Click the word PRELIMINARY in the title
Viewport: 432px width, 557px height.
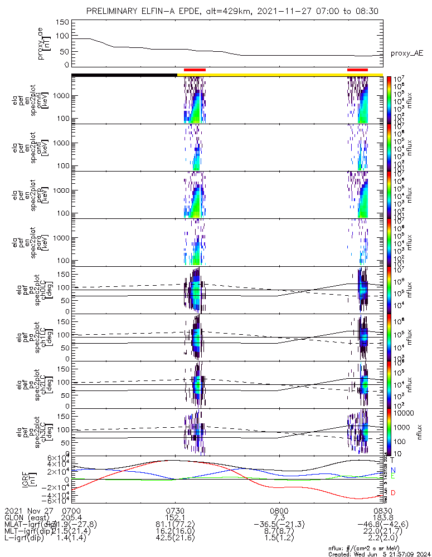tap(115, 11)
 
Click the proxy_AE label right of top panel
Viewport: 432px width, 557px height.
tap(406, 53)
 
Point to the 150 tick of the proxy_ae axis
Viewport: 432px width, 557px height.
tap(62, 22)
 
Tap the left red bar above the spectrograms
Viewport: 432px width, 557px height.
tap(195, 70)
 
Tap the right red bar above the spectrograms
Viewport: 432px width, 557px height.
tap(357, 70)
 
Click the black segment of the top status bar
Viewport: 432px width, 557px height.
tap(124, 75)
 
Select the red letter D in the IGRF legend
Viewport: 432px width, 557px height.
tap(393, 493)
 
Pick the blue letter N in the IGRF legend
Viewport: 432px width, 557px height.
tap(393, 470)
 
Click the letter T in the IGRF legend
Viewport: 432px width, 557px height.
tap(393, 460)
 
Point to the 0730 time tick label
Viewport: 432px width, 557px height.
tap(176, 510)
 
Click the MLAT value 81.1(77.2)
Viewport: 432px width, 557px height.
tap(176, 525)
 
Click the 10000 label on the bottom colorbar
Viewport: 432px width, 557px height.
tap(403, 413)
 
